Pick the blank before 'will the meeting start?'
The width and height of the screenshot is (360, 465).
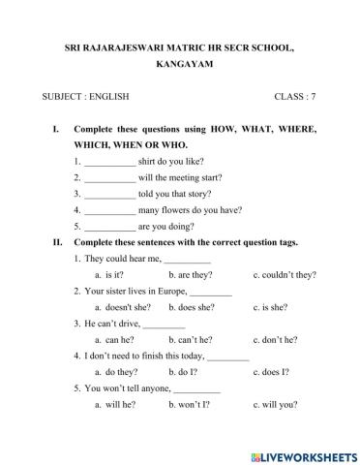coord(109,177)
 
